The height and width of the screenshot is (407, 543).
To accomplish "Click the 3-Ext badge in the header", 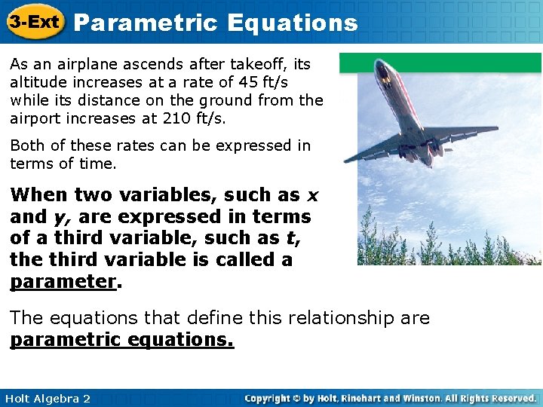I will (35, 22).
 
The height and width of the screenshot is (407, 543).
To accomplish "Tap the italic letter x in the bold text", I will (311, 195).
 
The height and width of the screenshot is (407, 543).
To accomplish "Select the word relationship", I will (327, 318).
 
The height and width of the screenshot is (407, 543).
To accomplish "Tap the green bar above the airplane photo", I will (440, 63).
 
